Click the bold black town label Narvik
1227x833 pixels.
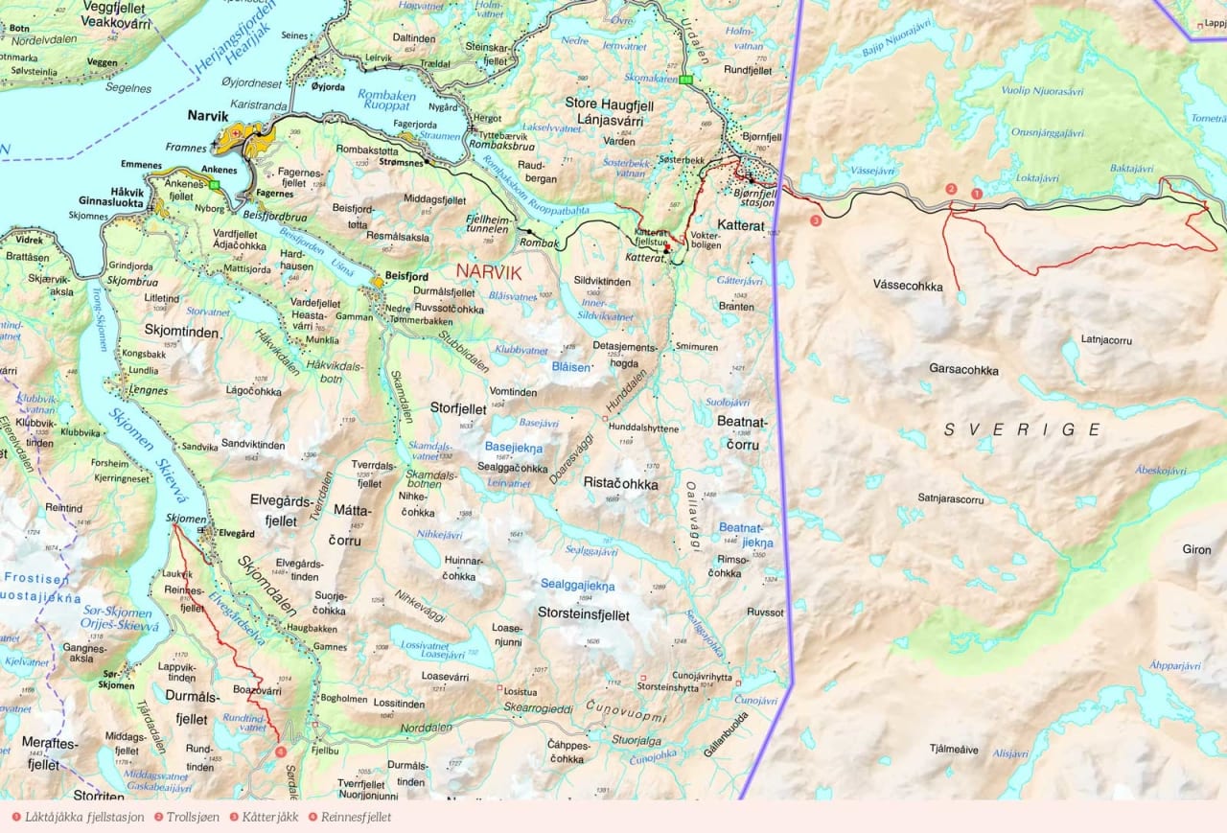point(207,116)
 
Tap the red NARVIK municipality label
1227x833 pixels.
point(489,272)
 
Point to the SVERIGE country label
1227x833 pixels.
point(1023,429)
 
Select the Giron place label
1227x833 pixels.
point(1196,549)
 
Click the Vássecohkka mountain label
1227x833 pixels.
point(908,286)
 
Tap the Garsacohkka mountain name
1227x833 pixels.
point(963,369)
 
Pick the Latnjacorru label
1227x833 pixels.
point(1106,339)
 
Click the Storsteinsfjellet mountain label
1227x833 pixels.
point(583,614)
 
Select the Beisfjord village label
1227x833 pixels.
point(406,276)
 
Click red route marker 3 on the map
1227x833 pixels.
point(815,220)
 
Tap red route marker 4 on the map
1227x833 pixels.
point(280,752)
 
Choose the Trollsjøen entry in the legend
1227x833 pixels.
point(192,818)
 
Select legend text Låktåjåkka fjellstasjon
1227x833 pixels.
point(84,818)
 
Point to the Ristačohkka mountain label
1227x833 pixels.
point(620,484)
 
